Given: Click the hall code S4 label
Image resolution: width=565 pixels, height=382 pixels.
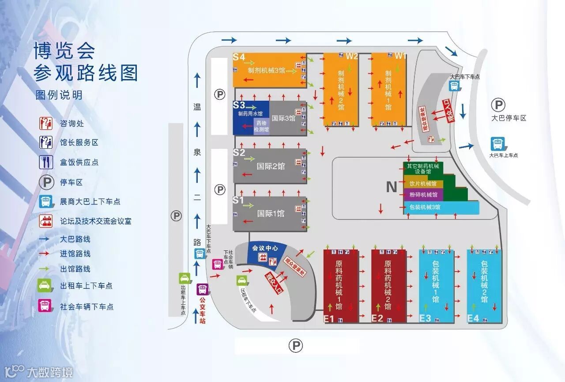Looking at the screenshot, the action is coord(239,57).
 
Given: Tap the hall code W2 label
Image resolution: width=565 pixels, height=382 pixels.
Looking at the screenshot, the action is coord(352,56).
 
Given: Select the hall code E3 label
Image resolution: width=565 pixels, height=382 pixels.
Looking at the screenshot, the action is coord(425,318).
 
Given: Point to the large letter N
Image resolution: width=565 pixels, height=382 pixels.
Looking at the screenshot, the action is coord(392,187).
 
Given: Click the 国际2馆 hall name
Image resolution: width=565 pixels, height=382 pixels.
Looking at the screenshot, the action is coord(271,166).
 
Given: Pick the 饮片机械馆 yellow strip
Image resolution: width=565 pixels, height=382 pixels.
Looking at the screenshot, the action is coord(423,184).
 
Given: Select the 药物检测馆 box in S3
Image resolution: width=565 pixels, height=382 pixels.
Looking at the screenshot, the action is coord(261,126).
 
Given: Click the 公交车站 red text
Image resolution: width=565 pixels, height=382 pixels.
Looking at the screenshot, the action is coord(203,311).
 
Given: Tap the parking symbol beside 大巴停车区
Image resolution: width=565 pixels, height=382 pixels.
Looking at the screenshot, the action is coord(498,105).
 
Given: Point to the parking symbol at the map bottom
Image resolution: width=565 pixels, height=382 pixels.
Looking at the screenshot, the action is coord(296,345).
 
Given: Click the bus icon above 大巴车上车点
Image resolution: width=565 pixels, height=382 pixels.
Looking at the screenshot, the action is coord(497,144).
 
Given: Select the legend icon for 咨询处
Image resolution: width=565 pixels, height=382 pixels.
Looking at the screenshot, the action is coord(45,123).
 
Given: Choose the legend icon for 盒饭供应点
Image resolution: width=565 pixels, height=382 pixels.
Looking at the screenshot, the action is coord(45,162).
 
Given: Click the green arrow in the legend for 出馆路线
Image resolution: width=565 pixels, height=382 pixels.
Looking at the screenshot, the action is coord(46,269).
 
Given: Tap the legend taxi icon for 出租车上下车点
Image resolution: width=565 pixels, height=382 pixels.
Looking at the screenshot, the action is coord(45,285).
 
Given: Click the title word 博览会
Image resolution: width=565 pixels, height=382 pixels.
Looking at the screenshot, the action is coord(64,51).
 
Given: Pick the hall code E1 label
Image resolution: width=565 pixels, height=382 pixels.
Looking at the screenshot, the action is coord(329,318).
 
